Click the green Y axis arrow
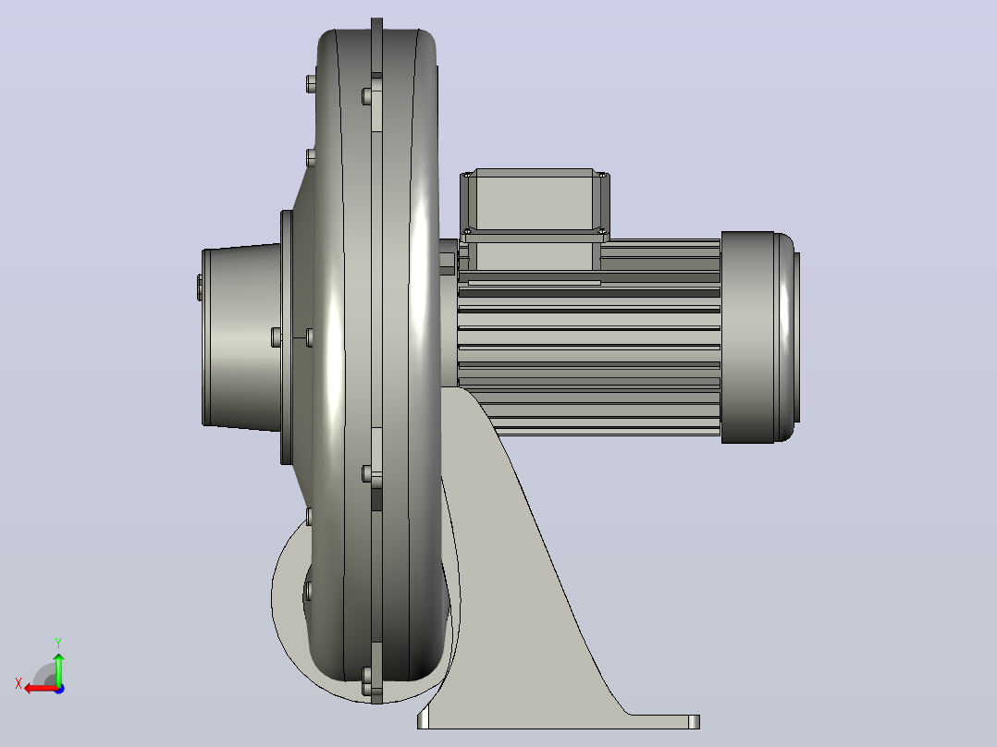[x=58, y=667]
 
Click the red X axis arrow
[x=42, y=688]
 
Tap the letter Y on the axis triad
[x=58, y=643]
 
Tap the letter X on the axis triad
[x=18, y=684]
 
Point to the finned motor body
[x=589, y=337]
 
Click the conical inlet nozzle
[x=241, y=337]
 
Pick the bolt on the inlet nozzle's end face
[x=200, y=288]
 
